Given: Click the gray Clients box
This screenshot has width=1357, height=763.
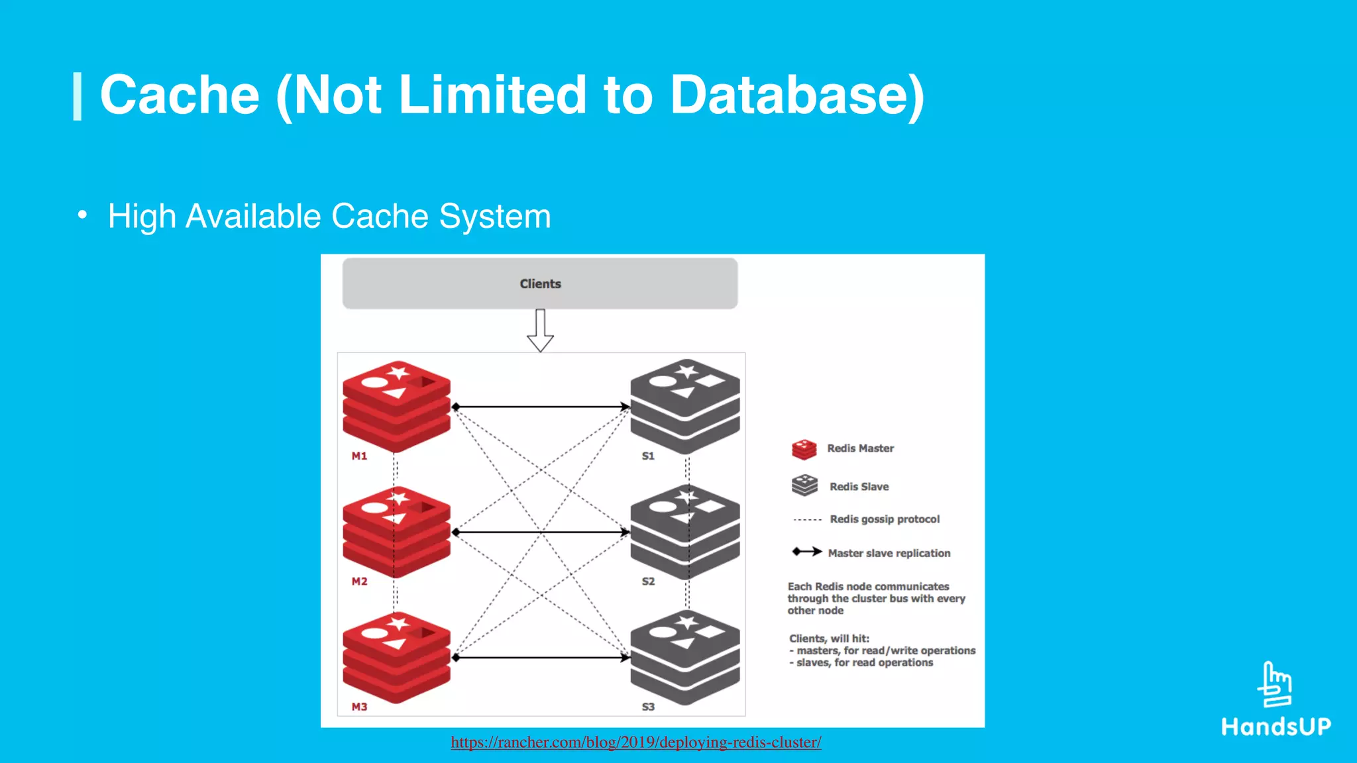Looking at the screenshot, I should (539, 283).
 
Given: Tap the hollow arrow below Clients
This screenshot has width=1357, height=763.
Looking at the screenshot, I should (540, 331).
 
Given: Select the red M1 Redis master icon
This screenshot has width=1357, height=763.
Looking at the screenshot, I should (396, 405).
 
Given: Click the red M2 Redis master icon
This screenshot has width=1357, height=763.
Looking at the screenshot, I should (396, 531).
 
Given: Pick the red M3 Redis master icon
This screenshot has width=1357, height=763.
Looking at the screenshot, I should (396, 657).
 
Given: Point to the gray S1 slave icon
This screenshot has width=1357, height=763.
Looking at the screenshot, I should (684, 405).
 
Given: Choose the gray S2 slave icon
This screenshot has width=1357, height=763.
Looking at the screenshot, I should (684, 531).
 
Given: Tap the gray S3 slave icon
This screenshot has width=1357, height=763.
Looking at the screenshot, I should (684, 657).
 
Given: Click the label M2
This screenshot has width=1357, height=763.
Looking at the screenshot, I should (359, 582).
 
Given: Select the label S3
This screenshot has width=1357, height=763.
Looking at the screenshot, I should (648, 707).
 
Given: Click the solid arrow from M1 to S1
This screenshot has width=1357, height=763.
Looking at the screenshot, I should (540, 406).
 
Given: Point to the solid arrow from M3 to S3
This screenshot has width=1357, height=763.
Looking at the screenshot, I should (540, 658).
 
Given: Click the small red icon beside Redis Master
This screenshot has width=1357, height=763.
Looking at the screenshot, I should (804, 449).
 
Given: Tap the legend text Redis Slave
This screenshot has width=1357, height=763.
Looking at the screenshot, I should (859, 487).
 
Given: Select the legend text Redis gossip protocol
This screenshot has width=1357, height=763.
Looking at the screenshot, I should (885, 519).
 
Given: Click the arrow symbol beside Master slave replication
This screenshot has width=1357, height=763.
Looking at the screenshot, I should (806, 552).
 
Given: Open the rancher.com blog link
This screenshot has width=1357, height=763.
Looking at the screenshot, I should (635, 742).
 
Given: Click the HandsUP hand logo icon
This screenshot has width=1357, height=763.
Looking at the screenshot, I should (1276, 685).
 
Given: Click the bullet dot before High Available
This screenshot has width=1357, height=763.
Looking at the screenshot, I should (81, 215).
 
